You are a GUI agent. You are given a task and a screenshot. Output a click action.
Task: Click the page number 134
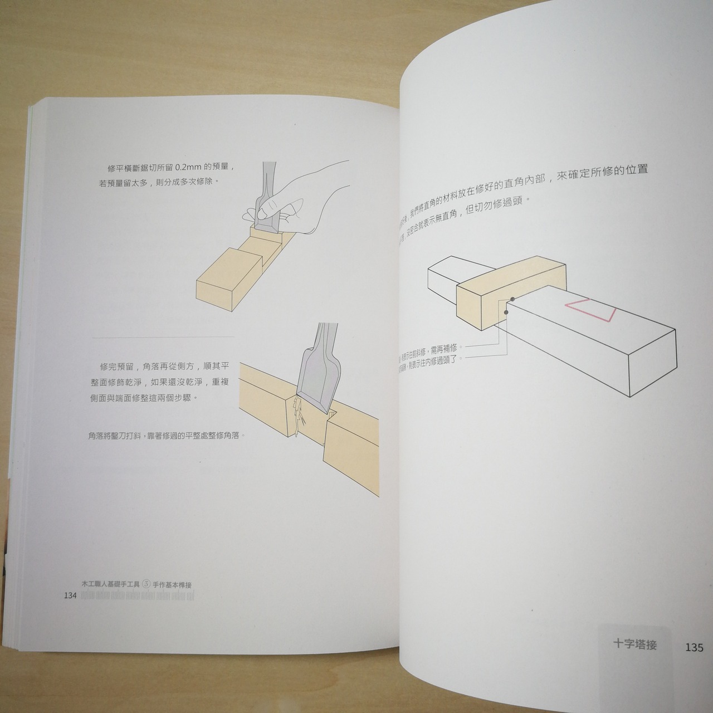pos(70,595)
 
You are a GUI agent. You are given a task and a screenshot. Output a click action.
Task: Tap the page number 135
pos(694,647)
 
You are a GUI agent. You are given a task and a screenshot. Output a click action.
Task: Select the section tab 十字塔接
pos(634,644)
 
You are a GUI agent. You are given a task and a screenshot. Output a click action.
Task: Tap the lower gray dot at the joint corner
pos(506,312)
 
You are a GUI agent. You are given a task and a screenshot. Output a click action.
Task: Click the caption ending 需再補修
pos(428,350)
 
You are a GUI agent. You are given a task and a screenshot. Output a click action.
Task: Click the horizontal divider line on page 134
pos(163,337)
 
